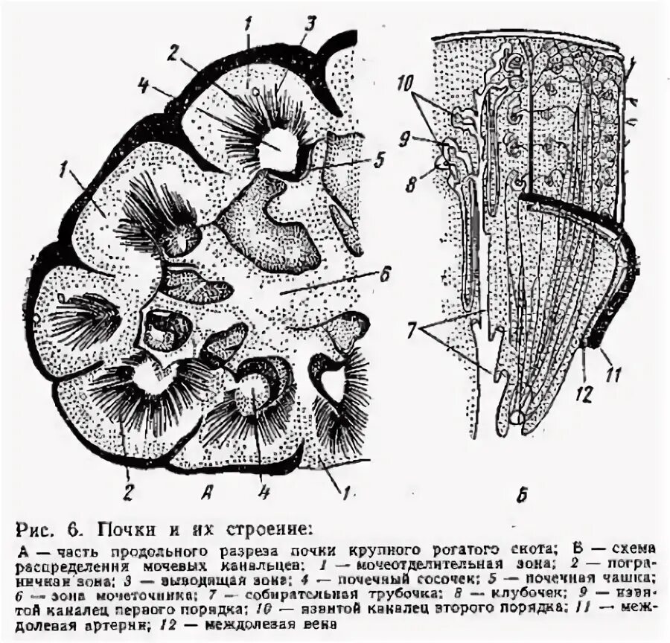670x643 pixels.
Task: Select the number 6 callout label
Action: click(x=385, y=273)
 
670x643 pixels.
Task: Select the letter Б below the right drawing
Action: click(x=522, y=493)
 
